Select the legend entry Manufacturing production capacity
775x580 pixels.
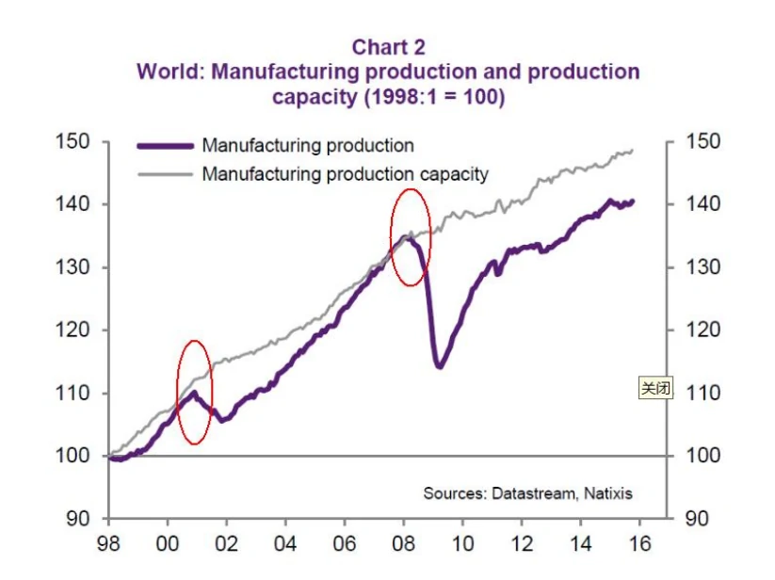(345, 173)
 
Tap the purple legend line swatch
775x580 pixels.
(166, 146)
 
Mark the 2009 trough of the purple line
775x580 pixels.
(439, 365)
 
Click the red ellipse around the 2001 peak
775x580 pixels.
(195, 392)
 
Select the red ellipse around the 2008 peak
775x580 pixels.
(411, 237)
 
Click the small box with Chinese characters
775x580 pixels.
(655, 387)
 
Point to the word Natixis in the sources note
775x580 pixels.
(608, 492)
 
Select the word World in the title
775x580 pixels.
(167, 72)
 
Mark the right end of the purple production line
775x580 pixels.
(634, 201)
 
